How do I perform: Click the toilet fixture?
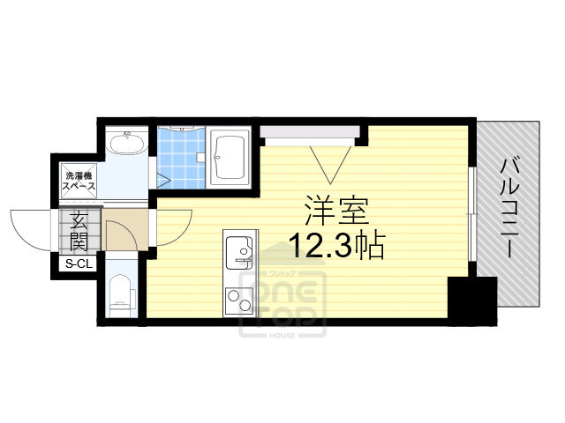120,294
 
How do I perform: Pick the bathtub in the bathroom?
231,158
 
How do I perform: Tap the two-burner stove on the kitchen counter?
238,301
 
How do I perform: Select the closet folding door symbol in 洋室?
331,160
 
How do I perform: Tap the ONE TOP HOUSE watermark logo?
282,300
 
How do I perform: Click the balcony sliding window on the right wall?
473,215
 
